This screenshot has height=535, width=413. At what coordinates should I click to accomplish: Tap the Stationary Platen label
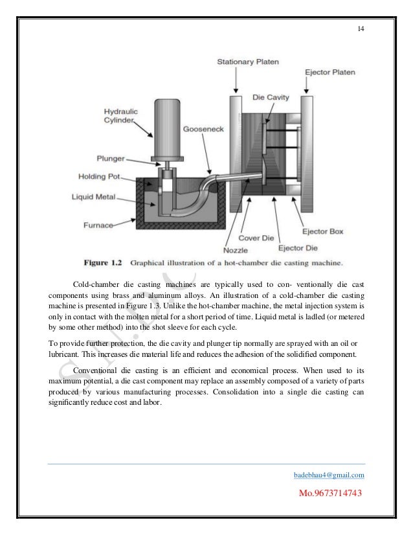(x=247, y=62)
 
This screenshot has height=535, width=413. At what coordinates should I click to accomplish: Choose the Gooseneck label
(x=203, y=130)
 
